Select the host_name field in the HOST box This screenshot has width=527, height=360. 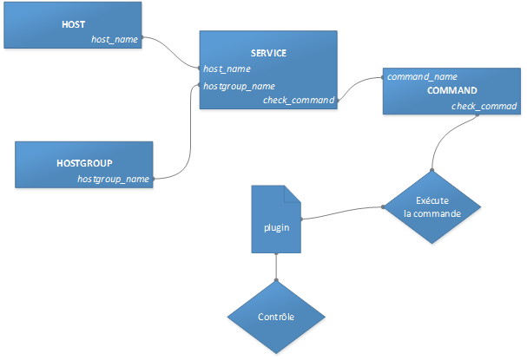pyautogui.click(x=115, y=39)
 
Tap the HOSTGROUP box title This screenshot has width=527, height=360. pyautogui.click(x=84, y=162)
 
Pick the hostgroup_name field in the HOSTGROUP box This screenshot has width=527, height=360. pyautogui.click(x=113, y=179)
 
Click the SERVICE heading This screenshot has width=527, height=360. pyautogui.click(x=268, y=53)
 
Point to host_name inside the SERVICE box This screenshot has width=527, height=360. pyautogui.click(x=227, y=69)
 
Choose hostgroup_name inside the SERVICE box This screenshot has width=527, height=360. pyautogui.click(x=239, y=86)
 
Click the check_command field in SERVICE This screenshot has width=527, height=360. pyautogui.click(x=299, y=101)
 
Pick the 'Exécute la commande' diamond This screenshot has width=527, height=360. pyautogui.click(x=431, y=206)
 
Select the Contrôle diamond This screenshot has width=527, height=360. pyautogui.click(x=276, y=317)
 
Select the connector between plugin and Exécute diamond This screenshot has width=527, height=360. pyautogui.click(x=342, y=211)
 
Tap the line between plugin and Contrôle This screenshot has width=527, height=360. pyautogui.click(x=276, y=266)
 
